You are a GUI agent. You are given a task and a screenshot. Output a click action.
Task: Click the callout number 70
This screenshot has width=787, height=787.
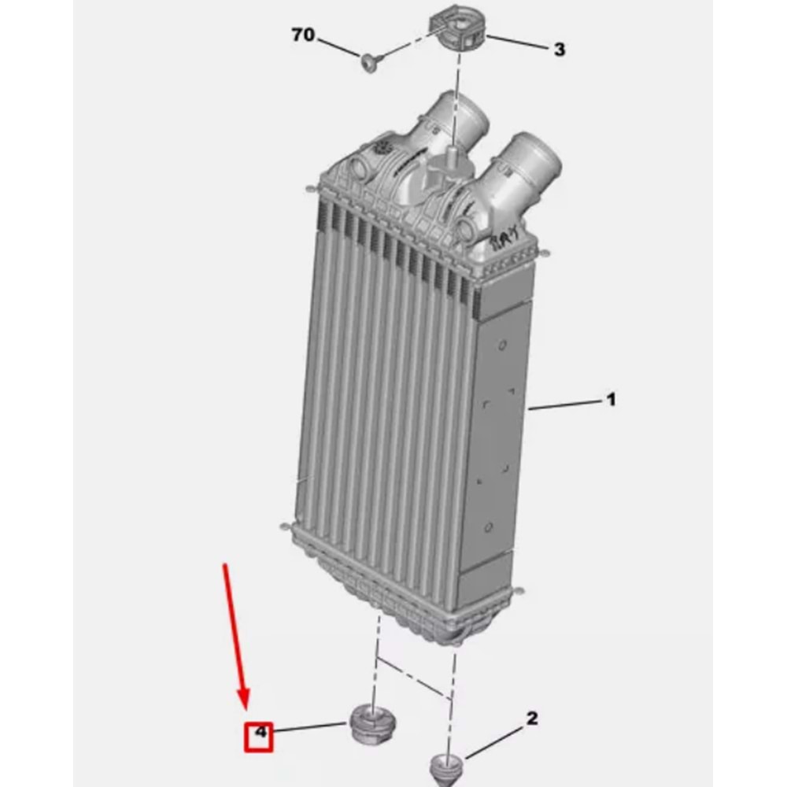tap(303, 35)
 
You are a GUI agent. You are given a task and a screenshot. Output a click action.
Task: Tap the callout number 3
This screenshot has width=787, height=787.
tap(559, 49)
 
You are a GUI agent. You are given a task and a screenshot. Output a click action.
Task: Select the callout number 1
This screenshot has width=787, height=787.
tap(611, 400)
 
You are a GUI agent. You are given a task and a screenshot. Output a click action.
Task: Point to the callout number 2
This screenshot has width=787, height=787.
tap(531, 719)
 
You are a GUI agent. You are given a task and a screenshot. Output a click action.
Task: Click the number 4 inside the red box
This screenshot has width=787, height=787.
tap(260, 732)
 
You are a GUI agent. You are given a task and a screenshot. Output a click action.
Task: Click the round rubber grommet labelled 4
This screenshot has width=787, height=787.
tap(372, 723)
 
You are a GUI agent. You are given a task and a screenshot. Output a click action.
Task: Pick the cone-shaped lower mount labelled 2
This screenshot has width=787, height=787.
tap(447, 767)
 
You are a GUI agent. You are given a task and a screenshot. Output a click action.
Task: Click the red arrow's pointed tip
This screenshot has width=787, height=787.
tap(246, 710)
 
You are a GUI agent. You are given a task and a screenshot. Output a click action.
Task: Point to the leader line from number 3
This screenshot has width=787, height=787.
tap(517, 42)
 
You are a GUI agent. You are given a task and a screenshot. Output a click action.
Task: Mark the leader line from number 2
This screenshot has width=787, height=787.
tap(494, 742)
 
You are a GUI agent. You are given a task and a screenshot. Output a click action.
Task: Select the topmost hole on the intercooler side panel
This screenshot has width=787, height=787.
tap(502, 345)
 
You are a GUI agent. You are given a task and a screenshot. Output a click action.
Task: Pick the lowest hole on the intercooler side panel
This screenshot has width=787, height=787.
tap(489, 527)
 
